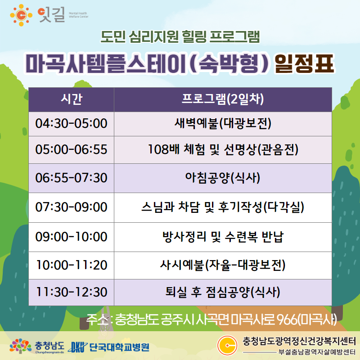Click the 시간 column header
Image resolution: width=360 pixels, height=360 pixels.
[72, 99]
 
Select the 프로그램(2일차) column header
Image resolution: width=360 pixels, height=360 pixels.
[223, 99]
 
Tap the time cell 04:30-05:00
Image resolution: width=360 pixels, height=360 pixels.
[72, 124]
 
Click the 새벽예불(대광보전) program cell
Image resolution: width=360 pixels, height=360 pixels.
[223, 124]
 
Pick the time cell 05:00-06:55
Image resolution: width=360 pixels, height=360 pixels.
[72, 150]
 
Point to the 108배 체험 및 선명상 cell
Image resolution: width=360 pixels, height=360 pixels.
[223, 150]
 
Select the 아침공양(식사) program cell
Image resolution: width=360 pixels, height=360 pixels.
[223, 178]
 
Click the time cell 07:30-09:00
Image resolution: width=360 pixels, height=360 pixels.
[72, 207]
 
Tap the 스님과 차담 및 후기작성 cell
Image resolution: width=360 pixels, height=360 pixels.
[223, 207]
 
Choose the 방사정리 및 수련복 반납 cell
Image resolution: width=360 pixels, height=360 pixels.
[223, 237]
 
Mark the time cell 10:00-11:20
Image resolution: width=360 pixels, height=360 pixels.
[72, 265]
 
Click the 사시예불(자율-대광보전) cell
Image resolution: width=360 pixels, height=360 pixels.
[223, 265]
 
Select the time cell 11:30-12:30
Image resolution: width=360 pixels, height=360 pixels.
[72, 292]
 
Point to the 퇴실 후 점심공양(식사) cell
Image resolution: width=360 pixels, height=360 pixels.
[223, 292]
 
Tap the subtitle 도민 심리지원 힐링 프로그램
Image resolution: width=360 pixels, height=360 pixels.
[180, 37]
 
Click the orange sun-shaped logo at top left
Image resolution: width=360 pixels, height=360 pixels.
[21, 15]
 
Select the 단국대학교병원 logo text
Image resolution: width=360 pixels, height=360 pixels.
[119, 347]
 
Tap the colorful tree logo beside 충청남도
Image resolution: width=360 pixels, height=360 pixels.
[20, 346]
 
